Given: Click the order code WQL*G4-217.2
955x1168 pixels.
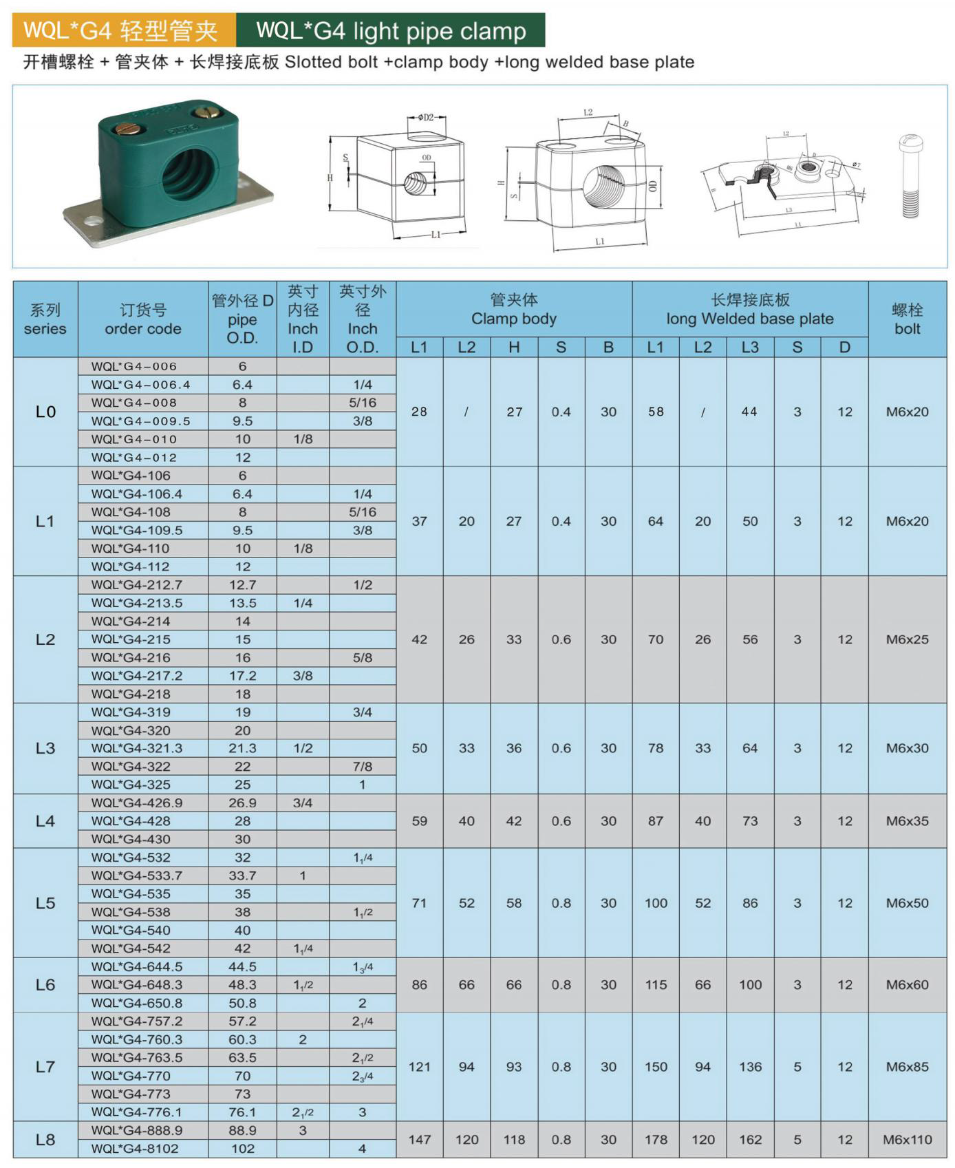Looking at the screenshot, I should tap(142, 676).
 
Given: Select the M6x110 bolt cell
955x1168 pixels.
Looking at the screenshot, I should tap(907, 1140).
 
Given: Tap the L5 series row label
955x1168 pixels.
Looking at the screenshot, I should tap(45, 903).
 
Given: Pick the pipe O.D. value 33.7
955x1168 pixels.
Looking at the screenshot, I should tap(242, 875).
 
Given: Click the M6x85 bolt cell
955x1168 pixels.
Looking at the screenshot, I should tap(907, 1067).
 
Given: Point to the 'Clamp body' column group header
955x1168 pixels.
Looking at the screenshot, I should tap(513, 310).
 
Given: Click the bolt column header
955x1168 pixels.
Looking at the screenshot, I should tap(907, 319).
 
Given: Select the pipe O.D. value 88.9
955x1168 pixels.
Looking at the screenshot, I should tap(242, 1130).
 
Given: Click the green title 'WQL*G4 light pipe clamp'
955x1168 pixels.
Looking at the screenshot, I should tap(391, 31).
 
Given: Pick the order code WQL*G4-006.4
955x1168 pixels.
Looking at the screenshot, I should tap(140, 385).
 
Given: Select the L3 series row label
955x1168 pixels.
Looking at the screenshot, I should tap(45, 748).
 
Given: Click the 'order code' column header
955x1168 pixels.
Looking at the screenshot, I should tap(142, 319).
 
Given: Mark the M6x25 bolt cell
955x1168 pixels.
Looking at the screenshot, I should tap(907, 639).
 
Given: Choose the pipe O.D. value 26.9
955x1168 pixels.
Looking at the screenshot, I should tap(242, 803).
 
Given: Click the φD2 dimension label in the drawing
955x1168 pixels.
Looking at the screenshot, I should tap(426, 118).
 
